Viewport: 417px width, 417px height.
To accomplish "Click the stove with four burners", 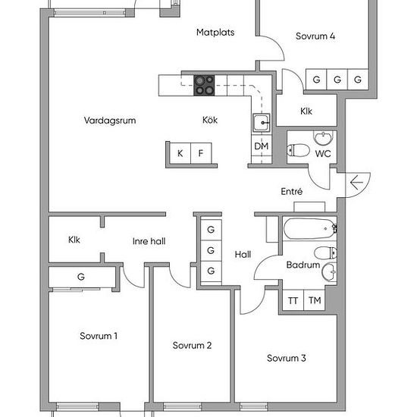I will coord(204,85).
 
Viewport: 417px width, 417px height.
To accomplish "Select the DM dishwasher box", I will coord(261,146).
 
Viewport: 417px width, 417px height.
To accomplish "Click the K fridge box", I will coord(180,153).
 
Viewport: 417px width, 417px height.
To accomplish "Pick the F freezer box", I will coord(201,153).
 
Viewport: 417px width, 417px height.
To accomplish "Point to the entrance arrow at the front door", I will coord(356,183).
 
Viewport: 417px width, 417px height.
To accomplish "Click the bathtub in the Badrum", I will coord(307,228).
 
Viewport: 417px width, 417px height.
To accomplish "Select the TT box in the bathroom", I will coord(293,300).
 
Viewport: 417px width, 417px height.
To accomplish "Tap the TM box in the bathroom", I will coord(314,300).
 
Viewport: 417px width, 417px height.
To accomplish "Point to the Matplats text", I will coord(215,33).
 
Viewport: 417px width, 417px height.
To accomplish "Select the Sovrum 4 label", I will coord(315,36).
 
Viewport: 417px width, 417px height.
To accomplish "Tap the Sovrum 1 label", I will coord(99,336).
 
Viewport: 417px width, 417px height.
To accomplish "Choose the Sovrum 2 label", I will coord(192,346).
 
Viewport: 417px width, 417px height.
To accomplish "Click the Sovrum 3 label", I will coord(287,358).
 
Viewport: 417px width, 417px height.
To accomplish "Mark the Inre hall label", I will coord(149,241).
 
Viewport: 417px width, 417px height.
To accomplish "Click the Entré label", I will coord(292,192).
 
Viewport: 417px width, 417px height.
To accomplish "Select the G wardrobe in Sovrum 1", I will coord(80,277).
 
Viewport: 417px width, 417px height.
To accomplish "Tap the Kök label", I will coord(210,120).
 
